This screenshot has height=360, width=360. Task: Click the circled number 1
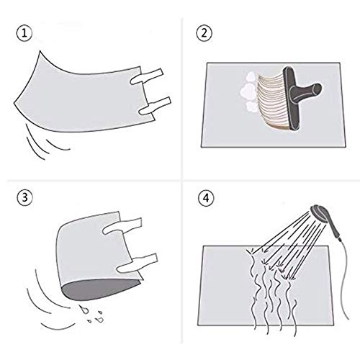24,33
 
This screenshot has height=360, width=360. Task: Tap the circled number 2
204,33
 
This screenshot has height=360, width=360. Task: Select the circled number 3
24,198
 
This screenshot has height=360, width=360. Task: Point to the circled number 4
206,198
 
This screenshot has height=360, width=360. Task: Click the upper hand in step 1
147,76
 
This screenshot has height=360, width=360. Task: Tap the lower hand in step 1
156,106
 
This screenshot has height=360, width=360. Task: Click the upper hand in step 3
122,226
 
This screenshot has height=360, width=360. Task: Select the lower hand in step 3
138,263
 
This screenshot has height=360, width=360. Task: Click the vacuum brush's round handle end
315,89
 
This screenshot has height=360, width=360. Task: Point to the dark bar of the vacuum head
291,99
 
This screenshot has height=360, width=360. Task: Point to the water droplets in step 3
92,314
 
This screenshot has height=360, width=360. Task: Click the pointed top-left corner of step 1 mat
40,51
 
